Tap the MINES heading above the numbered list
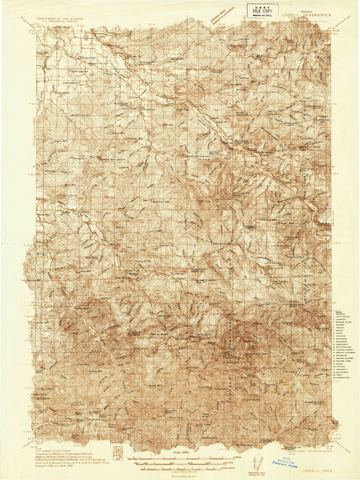(x=340, y=312)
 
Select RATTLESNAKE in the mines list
(x=343, y=347)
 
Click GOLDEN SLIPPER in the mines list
(x=344, y=358)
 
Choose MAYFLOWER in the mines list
(x=342, y=373)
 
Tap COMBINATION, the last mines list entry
(x=343, y=378)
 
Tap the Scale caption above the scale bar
(x=179, y=449)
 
